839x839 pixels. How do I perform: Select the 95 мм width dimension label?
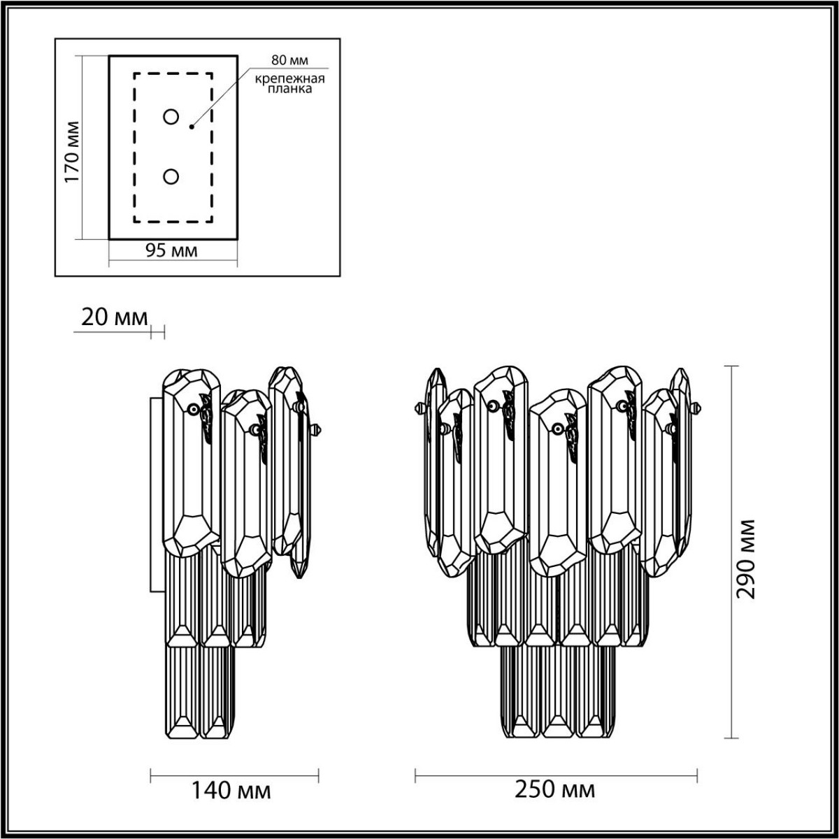[x=171, y=251]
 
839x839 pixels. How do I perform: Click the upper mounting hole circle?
[x=171, y=117]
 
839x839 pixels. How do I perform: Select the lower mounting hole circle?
[x=171, y=177]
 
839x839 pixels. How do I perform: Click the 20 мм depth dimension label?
[x=115, y=318]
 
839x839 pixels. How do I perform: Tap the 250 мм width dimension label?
[x=555, y=790]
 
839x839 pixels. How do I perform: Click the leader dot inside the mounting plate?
[x=191, y=127]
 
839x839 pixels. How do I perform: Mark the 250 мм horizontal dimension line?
[x=555, y=773]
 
